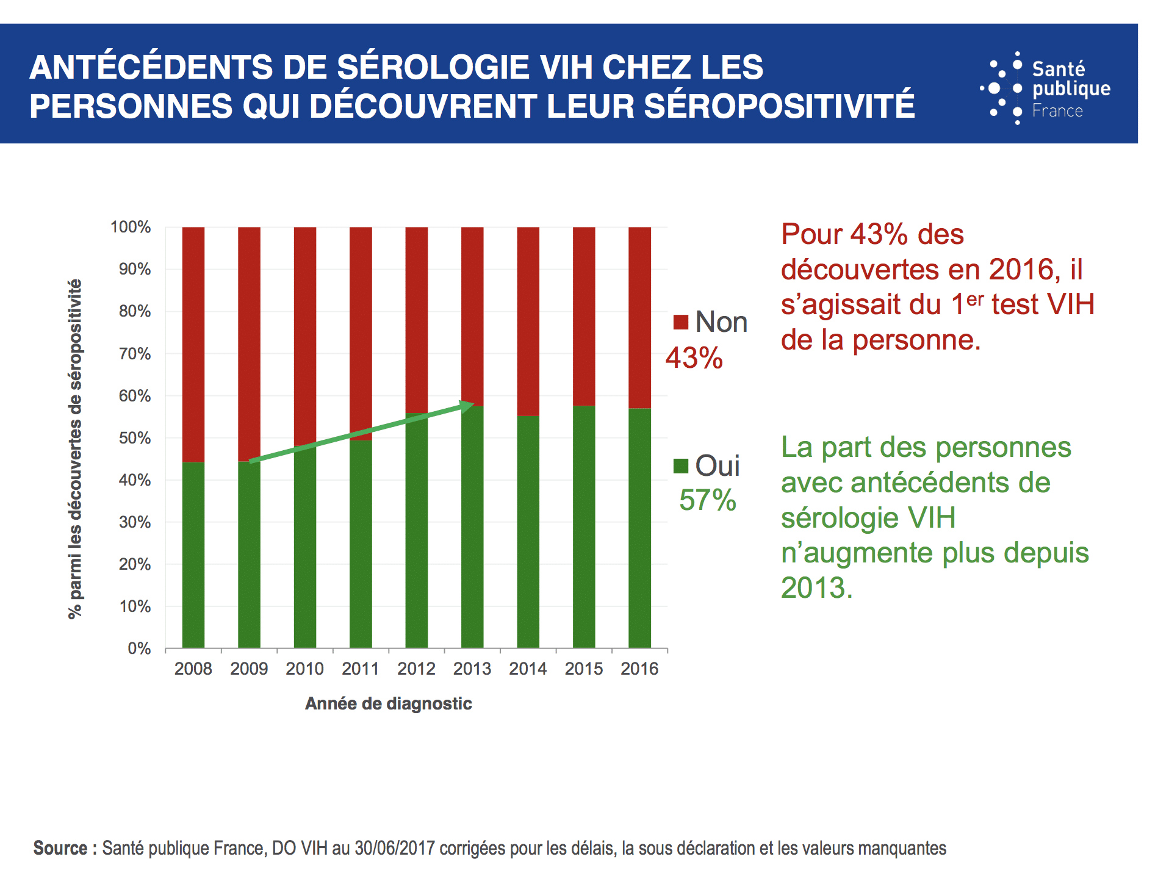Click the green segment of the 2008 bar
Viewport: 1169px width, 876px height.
coord(193,555)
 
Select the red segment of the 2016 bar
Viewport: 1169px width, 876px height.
coord(639,317)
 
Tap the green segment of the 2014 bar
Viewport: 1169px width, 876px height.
coord(528,531)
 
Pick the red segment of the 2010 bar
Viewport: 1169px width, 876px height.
coord(304,336)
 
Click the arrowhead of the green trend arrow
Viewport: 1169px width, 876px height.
coord(467,406)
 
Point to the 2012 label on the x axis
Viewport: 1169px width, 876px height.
coord(416,669)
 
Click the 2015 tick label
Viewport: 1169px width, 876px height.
coord(583,669)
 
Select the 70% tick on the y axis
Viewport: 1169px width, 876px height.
coord(135,354)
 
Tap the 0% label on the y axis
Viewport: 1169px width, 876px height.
coord(139,648)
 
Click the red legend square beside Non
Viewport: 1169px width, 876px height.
coord(680,322)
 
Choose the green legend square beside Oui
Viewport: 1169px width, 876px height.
coord(680,466)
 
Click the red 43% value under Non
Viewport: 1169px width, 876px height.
coord(694,358)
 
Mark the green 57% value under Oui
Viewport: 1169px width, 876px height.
coord(707,500)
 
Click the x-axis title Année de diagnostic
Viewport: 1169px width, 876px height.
coord(388,703)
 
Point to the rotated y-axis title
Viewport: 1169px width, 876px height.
coord(74,449)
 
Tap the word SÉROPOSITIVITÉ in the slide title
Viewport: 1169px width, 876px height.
coord(779,106)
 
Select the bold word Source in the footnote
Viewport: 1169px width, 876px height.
coord(60,848)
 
